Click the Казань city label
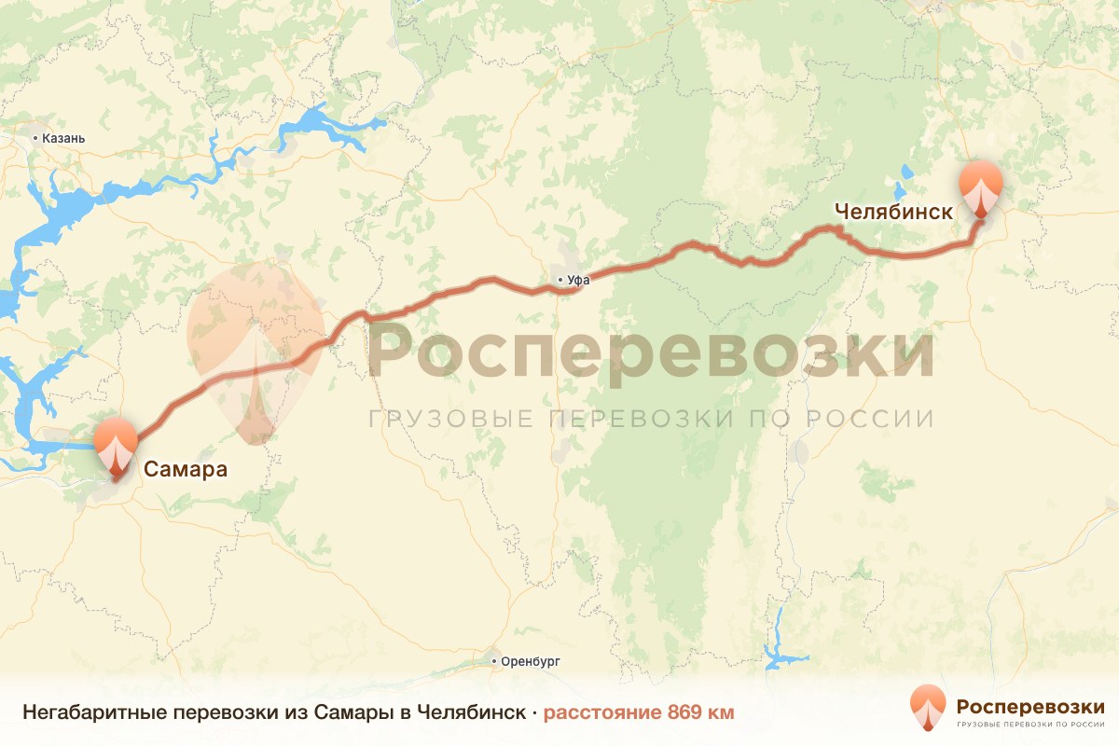[x=63, y=138]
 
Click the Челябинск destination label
[x=893, y=212]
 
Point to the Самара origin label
[x=185, y=468]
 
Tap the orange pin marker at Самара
[x=116, y=447]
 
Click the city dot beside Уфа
[x=559, y=279]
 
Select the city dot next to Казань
[x=35, y=138]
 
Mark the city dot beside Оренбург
[x=494, y=660]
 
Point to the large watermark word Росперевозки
[x=651, y=352]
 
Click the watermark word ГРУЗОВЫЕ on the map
[x=451, y=418]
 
